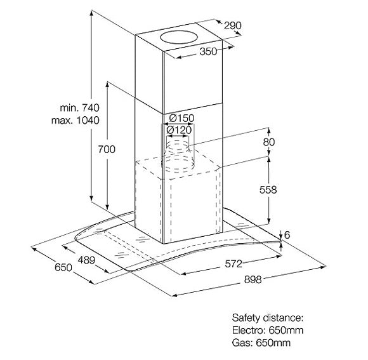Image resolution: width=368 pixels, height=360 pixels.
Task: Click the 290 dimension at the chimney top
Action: (232, 25)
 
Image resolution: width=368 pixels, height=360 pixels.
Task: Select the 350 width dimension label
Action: (208, 51)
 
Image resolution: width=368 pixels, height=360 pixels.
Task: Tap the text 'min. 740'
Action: (80, 108)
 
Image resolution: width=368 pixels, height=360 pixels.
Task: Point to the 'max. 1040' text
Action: (76, 120)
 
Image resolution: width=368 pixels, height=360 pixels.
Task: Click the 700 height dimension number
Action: (107, 149)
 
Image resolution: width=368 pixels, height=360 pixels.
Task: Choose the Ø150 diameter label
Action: (181, 118)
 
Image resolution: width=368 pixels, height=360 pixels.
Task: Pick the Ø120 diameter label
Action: (179, 130)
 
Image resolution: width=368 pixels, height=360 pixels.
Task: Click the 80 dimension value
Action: (269, 142)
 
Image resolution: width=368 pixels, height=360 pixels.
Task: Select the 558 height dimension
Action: (268, 190)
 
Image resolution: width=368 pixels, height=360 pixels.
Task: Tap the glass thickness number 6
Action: (287, 235)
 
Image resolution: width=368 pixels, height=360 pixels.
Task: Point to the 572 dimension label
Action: (233, 264)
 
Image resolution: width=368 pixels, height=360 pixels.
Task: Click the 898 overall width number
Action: (253, 280)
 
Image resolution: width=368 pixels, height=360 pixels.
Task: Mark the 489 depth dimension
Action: (86, 260)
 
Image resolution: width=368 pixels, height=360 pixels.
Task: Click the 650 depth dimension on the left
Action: (63, 267)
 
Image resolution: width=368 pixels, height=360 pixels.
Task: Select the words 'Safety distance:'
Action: (268, 318)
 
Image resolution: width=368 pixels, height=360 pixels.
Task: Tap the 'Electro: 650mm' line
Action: (268, 330)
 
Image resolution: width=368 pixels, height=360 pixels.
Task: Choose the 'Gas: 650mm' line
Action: (261, 343)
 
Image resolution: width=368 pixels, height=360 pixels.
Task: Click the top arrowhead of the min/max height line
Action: (92, 13)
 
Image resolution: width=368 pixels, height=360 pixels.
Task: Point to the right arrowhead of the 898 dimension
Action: (323, 267)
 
